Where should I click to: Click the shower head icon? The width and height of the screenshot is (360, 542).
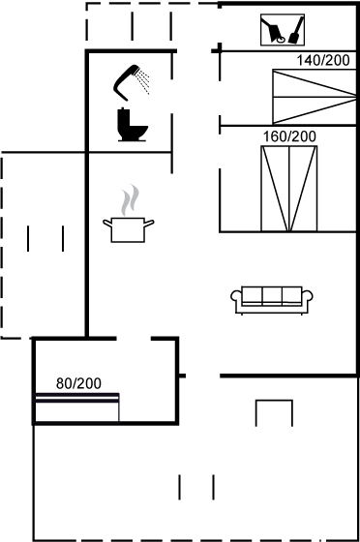(125, 82)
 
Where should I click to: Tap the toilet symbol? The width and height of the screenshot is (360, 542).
(132, 125)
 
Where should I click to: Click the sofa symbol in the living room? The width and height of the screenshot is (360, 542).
(272, 300)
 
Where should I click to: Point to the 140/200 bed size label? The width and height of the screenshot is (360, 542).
(323, 60)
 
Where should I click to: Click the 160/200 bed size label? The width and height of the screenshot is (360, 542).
(289, 136)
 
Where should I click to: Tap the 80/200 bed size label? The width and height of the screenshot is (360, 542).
(78, 383)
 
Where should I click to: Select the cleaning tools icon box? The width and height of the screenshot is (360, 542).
(283, 30)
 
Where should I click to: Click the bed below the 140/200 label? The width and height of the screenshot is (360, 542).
(315, 97)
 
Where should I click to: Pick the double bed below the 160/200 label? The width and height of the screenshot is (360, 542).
(288, 189)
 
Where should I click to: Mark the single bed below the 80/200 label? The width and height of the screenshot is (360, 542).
(77, 407)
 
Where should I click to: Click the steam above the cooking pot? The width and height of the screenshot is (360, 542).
(130, 199)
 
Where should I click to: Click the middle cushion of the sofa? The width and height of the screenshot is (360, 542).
(272, 295)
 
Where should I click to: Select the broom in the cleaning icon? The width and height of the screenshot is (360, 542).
(295, 30)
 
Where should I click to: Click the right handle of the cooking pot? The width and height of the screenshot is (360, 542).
(149, 224)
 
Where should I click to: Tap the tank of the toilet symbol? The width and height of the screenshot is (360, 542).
(123, 118)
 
